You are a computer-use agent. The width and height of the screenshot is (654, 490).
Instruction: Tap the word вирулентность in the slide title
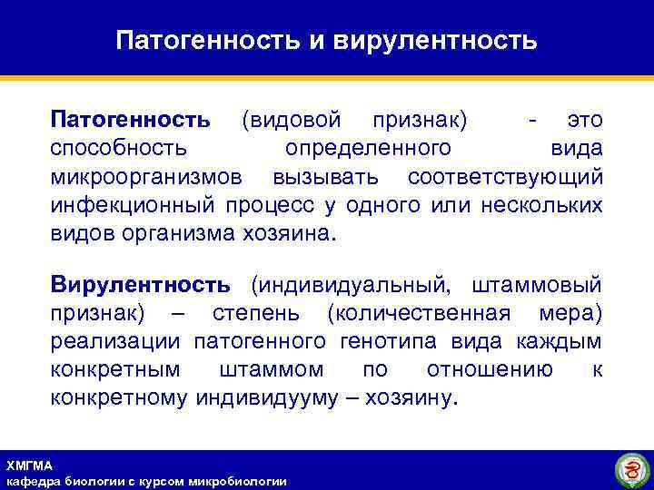click(x=435, y=41)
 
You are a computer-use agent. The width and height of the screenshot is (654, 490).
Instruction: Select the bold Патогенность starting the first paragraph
click(x=131, y=121)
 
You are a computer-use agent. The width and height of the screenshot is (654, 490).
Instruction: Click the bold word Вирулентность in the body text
click(x=140, y=285)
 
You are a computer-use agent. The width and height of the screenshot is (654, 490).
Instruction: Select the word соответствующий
click(x=505, y=176)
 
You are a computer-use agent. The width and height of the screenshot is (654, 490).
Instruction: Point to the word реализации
click(x=117, y=341)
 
